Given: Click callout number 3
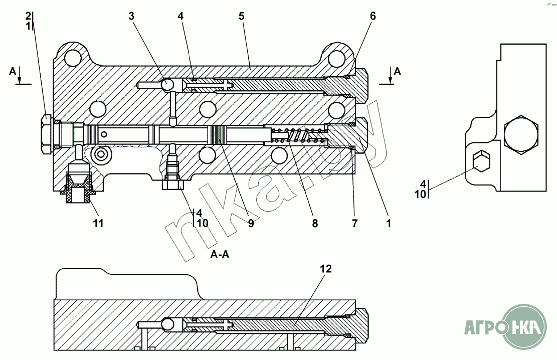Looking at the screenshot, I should coord(131,16).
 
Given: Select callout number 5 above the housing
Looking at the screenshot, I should coord(241,16).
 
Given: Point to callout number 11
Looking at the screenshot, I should coord(98,223).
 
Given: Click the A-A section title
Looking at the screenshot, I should coord(220,255).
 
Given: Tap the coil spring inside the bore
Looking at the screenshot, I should coord(298,135).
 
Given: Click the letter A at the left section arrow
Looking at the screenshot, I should coord(13,72).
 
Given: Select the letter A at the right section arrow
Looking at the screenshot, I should coord(397,71).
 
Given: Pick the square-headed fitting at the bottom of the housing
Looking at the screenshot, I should coord(173,184).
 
